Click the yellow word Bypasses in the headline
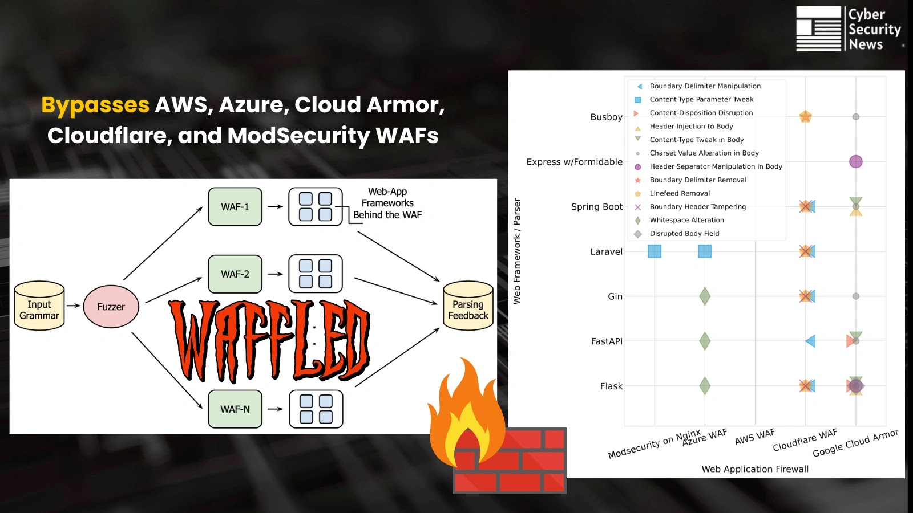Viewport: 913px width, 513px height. tap(95, 105)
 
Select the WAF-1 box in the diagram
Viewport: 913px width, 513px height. tap(235, 207)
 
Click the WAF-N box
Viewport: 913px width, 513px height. tap(235, 409)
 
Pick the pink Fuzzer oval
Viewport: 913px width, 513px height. tap(111, 307)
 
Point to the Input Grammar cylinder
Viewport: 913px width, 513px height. tap(39, 306)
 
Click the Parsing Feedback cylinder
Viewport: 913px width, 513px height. tap(468, 306)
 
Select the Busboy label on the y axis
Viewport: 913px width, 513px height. tap(606, 117)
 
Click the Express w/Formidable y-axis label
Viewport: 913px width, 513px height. tap(574, 162)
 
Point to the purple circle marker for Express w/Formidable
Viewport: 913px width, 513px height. tap(855, 162)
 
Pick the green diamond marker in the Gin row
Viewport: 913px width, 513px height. tap(705, 296)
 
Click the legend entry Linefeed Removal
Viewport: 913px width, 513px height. tap(680, 193)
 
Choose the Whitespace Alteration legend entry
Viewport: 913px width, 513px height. tap(686, 220)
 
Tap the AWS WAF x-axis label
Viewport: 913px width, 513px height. tap(754, 437)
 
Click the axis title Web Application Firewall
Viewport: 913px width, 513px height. tap(755, 469)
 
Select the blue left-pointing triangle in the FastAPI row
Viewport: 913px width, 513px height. tap(810, 341)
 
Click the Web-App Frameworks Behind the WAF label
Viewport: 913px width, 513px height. tap(387, 203)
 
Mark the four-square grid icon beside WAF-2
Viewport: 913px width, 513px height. tap(316, 274)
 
